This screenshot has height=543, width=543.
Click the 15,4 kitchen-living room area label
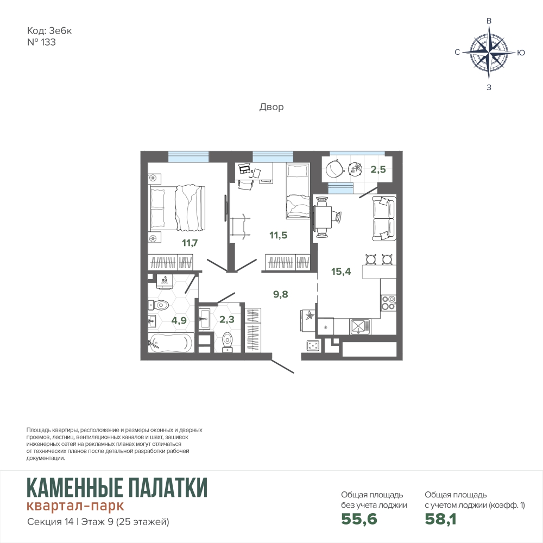(x=341, y=271)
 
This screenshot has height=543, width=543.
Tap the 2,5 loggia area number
(x=378, y=169)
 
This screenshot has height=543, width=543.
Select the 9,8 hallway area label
(x=281, y=294)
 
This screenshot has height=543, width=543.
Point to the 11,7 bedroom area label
(x=190, y=243)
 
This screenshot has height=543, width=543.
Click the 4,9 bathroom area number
(x=179, y=320)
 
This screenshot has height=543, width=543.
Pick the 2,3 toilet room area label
(x=227, y=319)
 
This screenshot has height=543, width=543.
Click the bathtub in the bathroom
(x=171, y=343)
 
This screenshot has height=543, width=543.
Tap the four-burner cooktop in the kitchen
(x=388, y=302)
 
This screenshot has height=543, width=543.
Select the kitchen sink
(x=360, y=327)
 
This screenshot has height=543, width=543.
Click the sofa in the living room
(x=384, y=218)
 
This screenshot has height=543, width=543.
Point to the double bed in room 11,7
(x=177, y=209)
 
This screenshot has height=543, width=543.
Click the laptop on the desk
(x=244, y=169)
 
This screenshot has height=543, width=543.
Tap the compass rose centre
(x=489, y=53)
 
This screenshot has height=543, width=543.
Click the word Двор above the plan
(x=271, y=107)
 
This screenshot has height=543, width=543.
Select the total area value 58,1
(x=440, y=519)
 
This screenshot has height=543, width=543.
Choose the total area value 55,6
(x=359, y=519)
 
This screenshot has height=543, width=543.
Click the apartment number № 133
(x=41, y=42)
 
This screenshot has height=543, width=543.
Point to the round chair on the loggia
(x=334, y=167)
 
